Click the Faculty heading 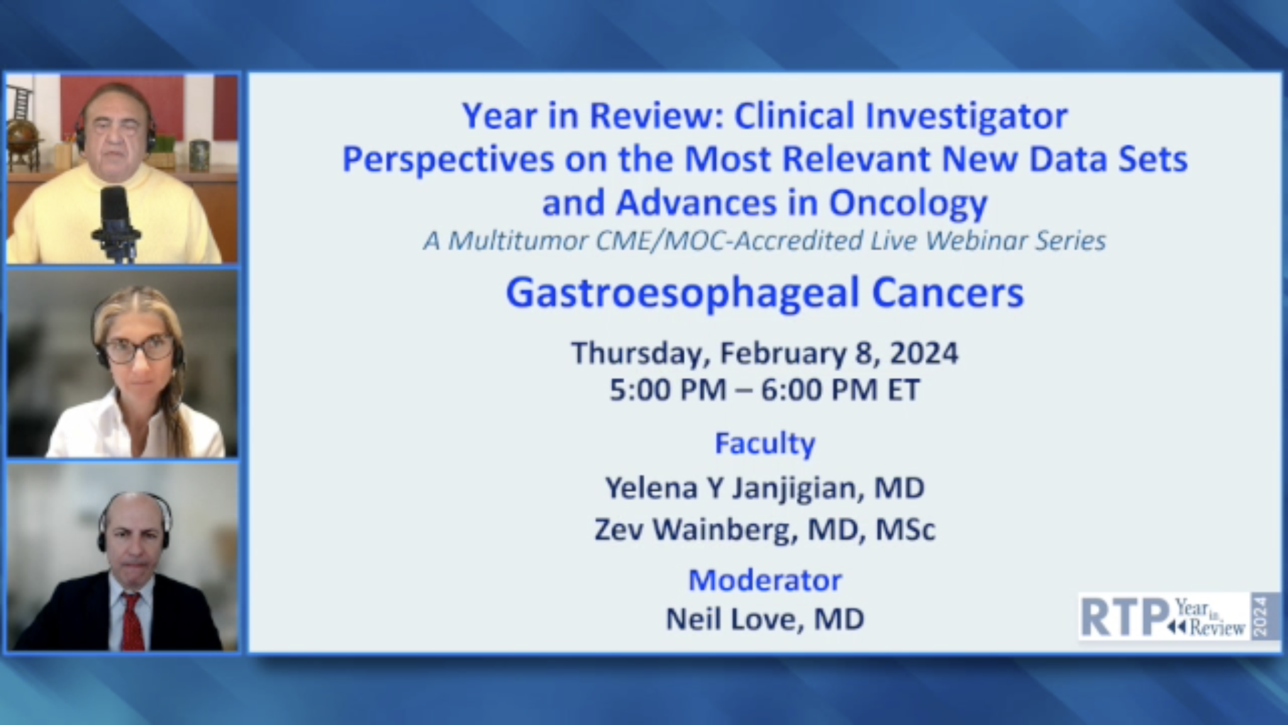[765, 443]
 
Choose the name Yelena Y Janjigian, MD [765, 488]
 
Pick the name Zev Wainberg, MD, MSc [765, 529]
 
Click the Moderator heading [765, 580]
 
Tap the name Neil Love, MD [765, 619]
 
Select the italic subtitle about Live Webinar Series [764, 241]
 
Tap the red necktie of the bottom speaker [132, 621]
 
